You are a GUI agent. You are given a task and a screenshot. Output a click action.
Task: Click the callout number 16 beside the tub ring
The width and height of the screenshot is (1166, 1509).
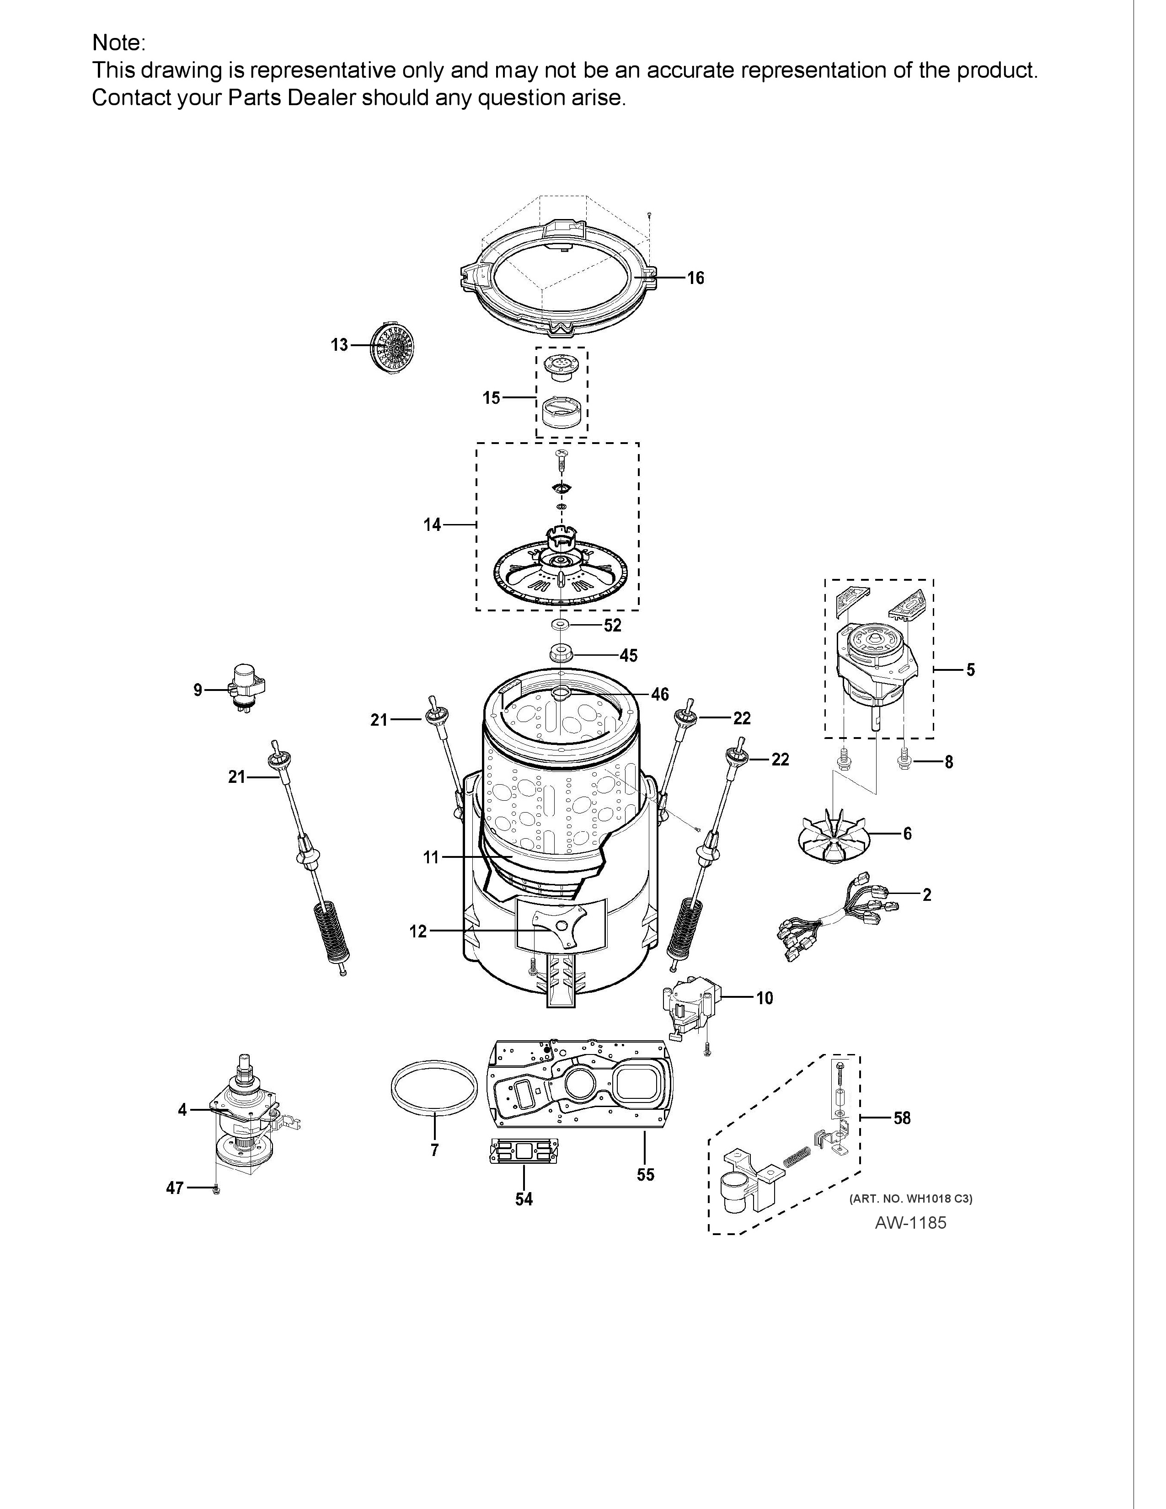pos(695,278)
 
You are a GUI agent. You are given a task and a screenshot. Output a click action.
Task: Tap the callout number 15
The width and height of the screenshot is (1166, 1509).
pos(491,398)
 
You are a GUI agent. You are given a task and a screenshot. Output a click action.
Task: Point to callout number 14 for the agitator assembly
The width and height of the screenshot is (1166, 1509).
pos(433,525)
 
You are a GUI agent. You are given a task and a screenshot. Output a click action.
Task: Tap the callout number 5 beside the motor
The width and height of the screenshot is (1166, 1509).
pos(970,669)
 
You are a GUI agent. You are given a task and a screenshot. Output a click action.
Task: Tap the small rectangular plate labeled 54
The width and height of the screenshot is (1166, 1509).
pos(523,1151)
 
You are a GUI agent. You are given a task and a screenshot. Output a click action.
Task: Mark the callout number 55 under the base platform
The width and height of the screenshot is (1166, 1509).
pos(645,1175)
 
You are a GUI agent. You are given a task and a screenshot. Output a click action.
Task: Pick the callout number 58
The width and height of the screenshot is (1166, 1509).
pos(902,1118)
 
